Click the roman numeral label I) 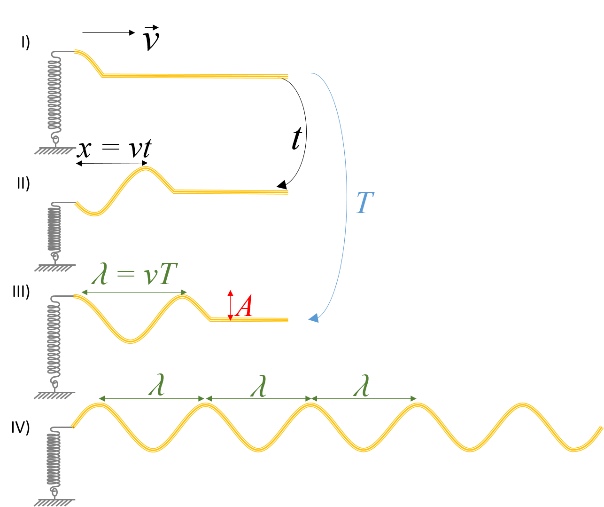pos(25,43)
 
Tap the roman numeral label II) pos(23,183)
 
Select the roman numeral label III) pos(21,292)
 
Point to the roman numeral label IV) pos(21,428)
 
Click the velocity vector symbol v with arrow pos(151,38)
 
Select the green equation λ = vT pos(134,274)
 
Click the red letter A pos(244,306)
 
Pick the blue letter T pos(365,202)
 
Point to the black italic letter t pos(297,138)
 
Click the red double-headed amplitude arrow pos(230,305)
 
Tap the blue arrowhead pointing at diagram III pos(314,318)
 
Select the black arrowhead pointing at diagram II pos(282,185)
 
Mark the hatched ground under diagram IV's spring pos(54,503)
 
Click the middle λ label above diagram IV pos(258,386)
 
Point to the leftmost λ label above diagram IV pos(156,385)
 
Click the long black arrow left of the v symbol pos(109,33)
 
